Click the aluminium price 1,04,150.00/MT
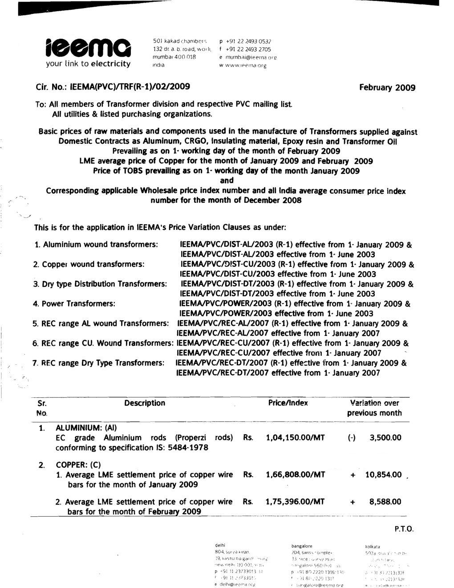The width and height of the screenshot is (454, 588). click(295, 438)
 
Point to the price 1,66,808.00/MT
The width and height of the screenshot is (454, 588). click(295, 475)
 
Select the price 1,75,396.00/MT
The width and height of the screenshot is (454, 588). click(295, 502)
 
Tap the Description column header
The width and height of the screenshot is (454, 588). click(145, 403)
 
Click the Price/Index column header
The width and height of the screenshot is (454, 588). click(288, 403)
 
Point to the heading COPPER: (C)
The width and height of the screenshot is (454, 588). click(78, 465)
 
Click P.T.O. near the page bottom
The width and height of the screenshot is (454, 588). click(404, 530)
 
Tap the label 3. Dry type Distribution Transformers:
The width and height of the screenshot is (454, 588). click(100, 284)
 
